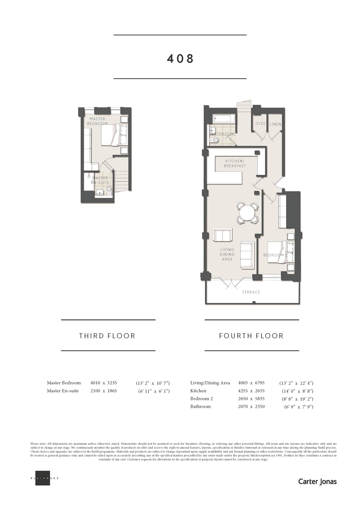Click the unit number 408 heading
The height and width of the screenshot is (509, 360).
click(180, 58)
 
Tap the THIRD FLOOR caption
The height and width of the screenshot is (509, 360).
click(107, 336)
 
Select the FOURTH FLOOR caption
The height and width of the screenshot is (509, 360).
click(251, 336)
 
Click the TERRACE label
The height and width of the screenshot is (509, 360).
click(251, 292)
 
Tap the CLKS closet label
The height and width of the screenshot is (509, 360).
click(260, 124)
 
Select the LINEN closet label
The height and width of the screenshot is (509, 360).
click(275, 124)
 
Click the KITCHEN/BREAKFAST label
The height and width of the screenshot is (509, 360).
click(235, 163)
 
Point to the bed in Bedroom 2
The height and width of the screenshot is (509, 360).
click(280, 252)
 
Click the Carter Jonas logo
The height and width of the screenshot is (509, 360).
click(317, 481)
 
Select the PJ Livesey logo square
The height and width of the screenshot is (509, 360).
click(42, 478)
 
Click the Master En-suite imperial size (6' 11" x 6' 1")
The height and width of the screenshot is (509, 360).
click(154, 391)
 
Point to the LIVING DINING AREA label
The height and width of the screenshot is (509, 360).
click(227, 254)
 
